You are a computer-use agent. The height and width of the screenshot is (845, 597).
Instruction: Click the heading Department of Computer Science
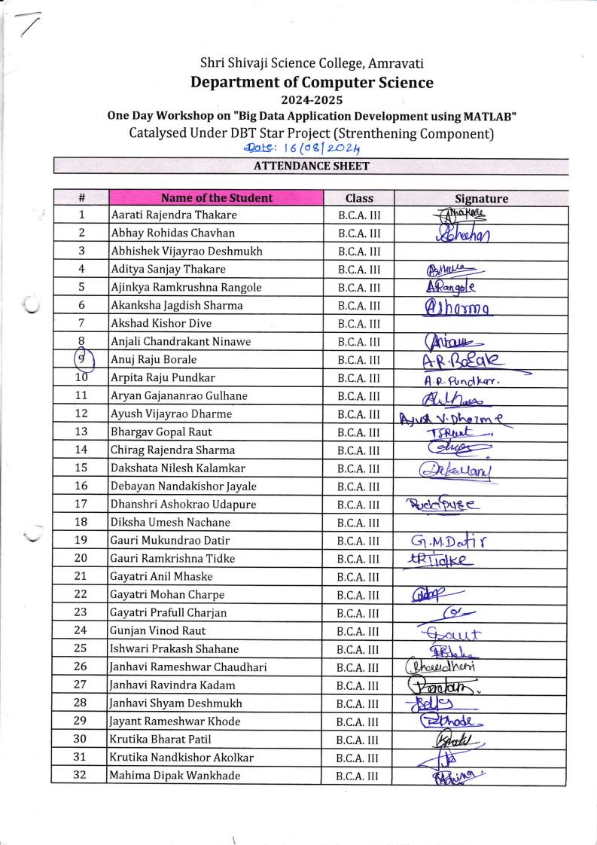click(x=312, y=82)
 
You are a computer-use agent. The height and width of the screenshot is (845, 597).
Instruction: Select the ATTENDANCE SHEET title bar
click(x=311, y=165)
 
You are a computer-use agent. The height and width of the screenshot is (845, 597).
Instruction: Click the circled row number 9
click(x=81, y=360)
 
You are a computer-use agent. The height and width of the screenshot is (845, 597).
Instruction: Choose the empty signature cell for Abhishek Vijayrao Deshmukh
click(x=480, y=252)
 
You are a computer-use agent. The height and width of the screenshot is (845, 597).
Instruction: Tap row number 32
click(x=81, y=775)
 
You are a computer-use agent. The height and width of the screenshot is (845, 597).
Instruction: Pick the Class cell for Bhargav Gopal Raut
click(x=359, y=432)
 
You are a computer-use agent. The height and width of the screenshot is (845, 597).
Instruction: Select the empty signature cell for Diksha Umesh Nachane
click(x=480, y=523)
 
